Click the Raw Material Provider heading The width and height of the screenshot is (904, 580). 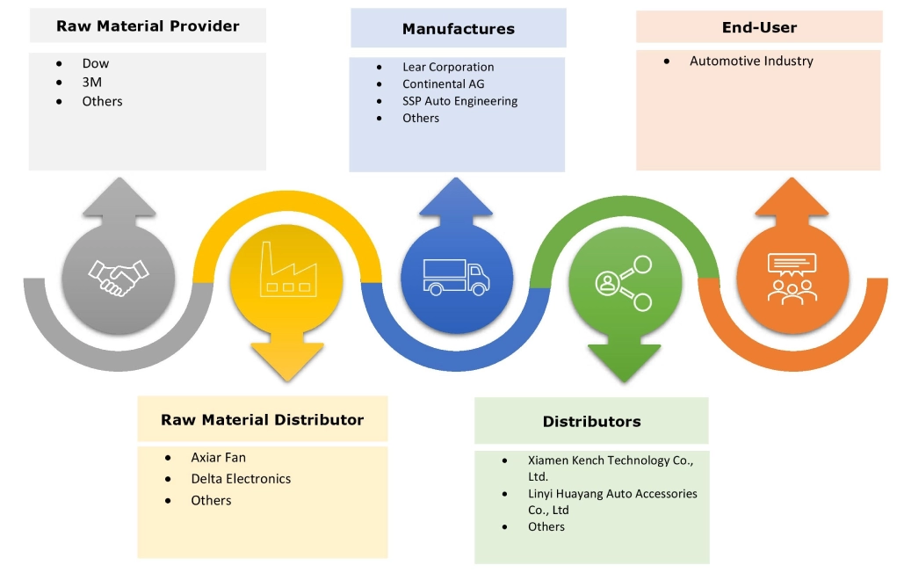click(148, 26)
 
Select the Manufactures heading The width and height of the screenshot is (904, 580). click(458, 29)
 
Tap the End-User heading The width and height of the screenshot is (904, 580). click(758, 26)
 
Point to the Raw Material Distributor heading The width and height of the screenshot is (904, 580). click(262, 420)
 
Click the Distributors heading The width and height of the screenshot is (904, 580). click(591, 422)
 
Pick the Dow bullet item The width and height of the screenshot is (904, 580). click(96, 63)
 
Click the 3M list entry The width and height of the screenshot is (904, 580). click(91, 82)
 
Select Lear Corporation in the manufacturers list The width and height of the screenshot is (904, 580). click(448, 67)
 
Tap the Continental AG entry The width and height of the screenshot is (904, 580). click(443, 83)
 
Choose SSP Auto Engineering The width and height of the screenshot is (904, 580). click(459, 101)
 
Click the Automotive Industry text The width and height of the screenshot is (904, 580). click(751, 62)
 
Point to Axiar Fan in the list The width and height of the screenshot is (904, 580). click(218, 458)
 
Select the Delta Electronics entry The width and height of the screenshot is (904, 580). click(241, 479)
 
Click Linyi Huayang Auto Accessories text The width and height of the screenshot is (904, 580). click(612, 494)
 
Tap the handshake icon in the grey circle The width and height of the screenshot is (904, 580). click(119, 278)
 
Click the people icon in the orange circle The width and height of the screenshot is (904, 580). click(792, 278)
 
